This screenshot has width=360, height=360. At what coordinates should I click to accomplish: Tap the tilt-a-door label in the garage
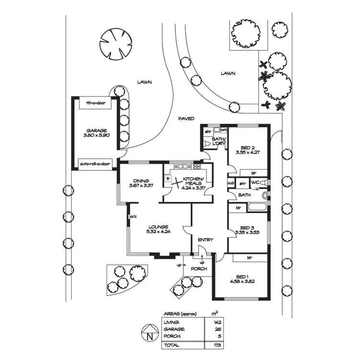pos(95,103)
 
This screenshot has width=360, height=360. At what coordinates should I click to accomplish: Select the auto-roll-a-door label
pos(95,164)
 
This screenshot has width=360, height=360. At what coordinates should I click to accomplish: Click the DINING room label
pos(141,181)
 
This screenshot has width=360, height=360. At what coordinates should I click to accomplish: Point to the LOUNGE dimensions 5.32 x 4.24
pos(158,231)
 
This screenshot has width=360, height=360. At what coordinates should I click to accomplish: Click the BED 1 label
pos(241,276)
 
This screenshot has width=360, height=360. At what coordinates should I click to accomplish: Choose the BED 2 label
pos(245,148)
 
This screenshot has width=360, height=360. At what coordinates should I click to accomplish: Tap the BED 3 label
pos(245,228)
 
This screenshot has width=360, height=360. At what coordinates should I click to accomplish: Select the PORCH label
pos(199,269)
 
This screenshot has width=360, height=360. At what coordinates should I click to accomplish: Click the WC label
pos(255,183)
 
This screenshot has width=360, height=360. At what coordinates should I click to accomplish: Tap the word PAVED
pos(186,118)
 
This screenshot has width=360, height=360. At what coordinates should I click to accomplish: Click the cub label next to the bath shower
pos(231,183)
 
